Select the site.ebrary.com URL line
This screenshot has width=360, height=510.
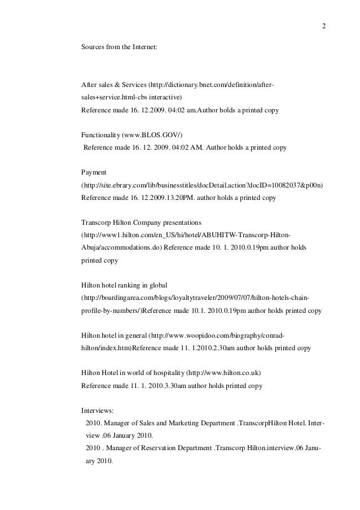(x=206, y=185)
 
